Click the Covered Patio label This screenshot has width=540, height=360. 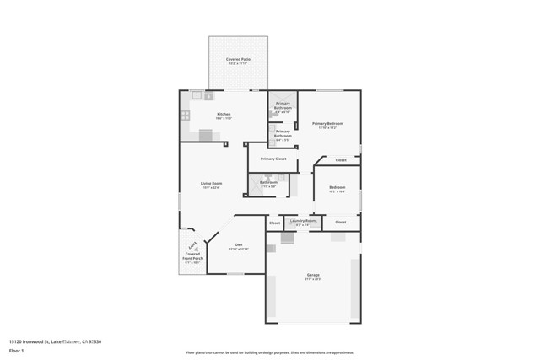coord(238,59)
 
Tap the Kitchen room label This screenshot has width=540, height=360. coord(224,114)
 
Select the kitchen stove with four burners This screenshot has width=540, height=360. coord(185,116)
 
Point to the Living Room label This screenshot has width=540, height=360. coord(211,183)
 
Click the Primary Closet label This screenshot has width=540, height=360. coord(273,159)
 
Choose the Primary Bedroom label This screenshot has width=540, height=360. coord(327,123)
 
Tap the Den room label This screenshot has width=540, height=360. coord(238,245)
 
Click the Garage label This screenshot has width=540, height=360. coord(313,275)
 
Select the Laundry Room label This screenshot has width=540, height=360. coord(302,221)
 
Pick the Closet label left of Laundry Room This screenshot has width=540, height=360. coord(274,223)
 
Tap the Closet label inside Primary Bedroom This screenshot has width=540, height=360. coord(340,159)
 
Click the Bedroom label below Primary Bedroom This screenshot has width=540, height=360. coord(337,187)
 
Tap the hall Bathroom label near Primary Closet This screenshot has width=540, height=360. coord(268,182)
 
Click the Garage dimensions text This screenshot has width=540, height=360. coord(313,279)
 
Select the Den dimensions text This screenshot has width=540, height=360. coord(238,250)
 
